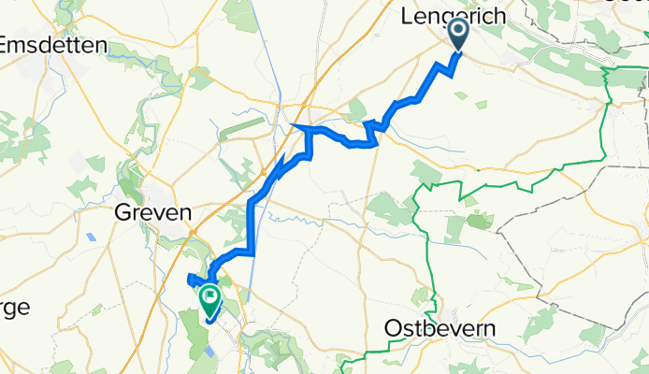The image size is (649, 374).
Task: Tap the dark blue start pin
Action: [x=459, y=34]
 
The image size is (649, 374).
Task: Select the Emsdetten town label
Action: [x=56, y=45]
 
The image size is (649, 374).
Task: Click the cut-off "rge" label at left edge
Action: [x=13, y=307]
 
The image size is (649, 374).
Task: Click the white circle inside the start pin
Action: [x=459, y=29]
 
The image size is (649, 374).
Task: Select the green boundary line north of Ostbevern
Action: [x=427, y=234]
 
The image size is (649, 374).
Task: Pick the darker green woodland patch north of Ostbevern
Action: [x=479, y=222]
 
